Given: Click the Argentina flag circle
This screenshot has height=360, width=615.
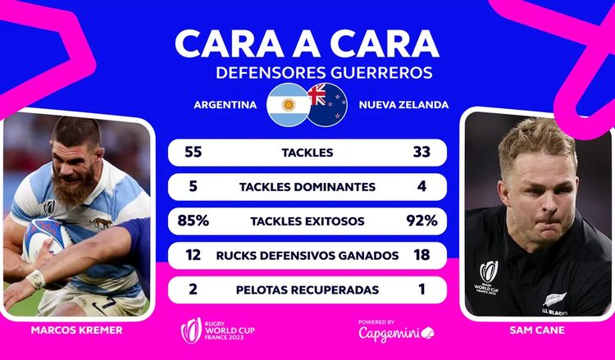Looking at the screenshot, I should [287, 104].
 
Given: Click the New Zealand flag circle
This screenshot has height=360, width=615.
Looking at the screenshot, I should [327, 104].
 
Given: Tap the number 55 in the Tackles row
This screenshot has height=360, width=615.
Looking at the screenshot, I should [194, 153].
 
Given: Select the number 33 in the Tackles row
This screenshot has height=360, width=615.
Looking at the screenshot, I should [421, 153].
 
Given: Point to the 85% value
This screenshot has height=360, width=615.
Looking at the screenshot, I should [194, 221].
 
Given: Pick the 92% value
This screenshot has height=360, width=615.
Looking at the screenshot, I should [421, 221].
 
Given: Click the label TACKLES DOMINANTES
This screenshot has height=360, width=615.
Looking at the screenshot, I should [307, 187].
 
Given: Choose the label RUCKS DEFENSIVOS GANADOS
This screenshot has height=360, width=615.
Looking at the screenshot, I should [307, 256].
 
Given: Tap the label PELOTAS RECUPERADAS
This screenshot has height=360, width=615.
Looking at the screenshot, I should [307, 290].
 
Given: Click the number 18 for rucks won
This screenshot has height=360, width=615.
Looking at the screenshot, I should [421, 256].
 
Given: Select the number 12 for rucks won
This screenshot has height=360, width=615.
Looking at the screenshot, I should [194, 256].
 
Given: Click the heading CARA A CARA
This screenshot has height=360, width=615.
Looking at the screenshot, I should [307, 42].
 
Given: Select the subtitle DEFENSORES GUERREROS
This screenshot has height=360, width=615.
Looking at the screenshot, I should [323, 73].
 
